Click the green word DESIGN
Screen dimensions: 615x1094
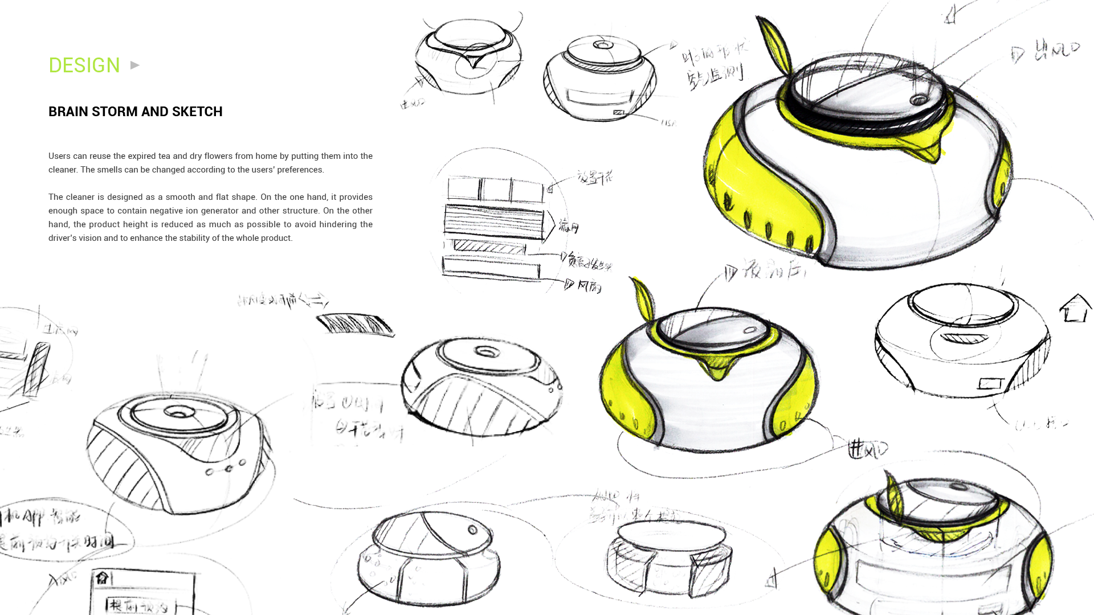(x=84, y=65)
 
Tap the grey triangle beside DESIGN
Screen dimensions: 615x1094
(x=135, y=65)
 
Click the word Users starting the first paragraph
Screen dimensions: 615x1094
(x=59, y=156)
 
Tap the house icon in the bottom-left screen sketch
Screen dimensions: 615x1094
(x=102, y=578)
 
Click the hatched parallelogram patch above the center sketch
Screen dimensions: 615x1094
(x=354, y=325)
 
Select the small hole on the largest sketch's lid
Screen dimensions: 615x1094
(x=918, y=100)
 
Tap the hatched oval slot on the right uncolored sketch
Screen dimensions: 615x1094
(x=964, y=338)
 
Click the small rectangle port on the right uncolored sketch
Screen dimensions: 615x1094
(x=990, y=383)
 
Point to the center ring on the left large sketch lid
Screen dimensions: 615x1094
(x=179, y=413)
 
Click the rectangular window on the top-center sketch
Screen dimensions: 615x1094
(x=597, y=96)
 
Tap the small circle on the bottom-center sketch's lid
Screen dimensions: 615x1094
(x=472, y=530)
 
